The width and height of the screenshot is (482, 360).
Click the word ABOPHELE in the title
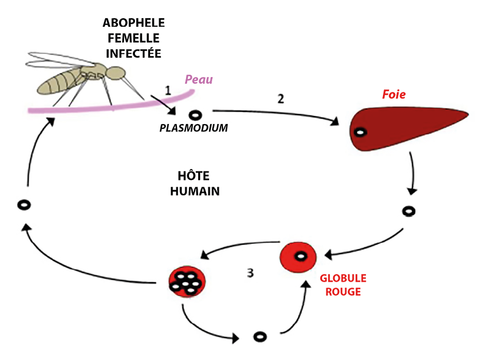click(133, 23)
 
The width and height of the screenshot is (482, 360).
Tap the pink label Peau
click(199, 80)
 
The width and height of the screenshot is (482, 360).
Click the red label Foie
click(393, 95)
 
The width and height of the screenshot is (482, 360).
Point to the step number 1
click(167, 90)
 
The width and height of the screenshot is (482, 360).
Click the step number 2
click(280, 99)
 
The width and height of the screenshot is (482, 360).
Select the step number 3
click(250, 272)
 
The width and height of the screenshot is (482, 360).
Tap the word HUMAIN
click(195, 191)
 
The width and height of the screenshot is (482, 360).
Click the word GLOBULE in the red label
click(343, 279)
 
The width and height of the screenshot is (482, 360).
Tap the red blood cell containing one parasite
click(298, 256)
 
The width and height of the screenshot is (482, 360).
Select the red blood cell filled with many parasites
click(187, 281)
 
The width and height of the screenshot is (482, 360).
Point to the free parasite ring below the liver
click(410, 212)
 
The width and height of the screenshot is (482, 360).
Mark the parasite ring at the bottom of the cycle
click(260, 337)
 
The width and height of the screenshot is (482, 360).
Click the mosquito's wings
click(58, 60)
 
